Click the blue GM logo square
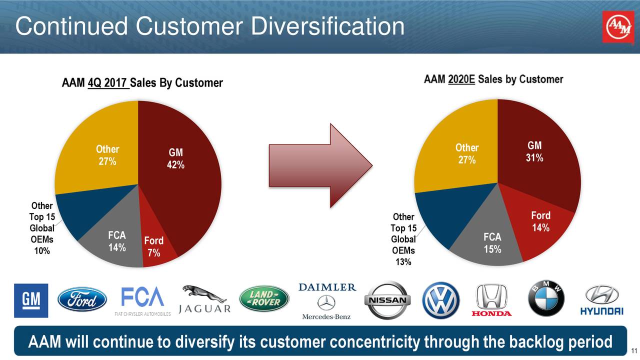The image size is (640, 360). tap(31, 300)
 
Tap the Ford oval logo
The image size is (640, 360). tap(82, 299)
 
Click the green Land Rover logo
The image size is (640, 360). tap(264, 299)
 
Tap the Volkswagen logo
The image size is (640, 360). tap(440, 300)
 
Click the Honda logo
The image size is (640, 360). tap(491, 300)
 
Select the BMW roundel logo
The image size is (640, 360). tap(546, 299)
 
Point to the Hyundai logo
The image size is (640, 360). tap(601, 300)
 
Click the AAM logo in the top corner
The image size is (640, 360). tap(618, 27)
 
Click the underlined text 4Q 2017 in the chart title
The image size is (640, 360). tap(108, 83)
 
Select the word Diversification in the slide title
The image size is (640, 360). tap(327, 26)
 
